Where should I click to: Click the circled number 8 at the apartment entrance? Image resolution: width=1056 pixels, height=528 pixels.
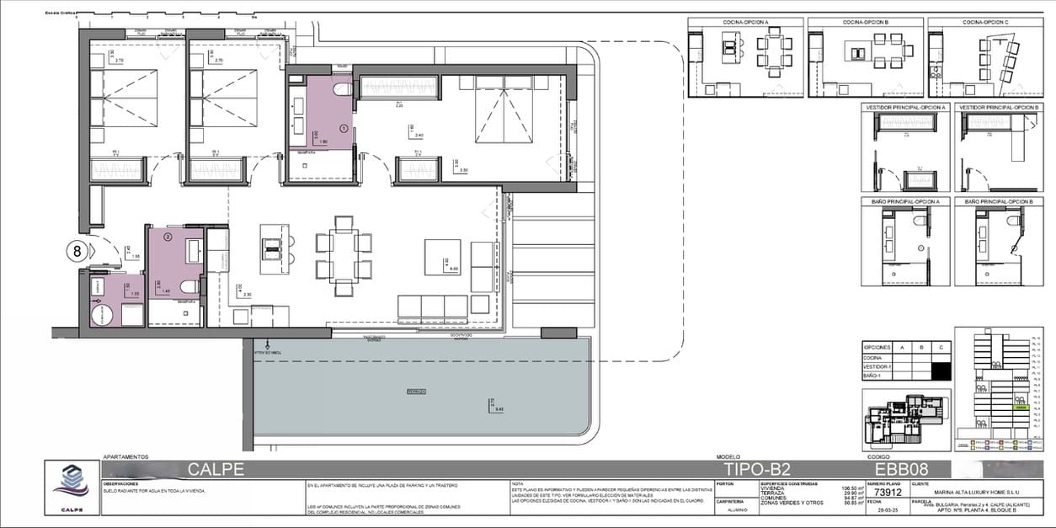[x=77, y=251]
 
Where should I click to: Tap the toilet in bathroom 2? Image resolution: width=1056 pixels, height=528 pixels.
[x=189, y=287]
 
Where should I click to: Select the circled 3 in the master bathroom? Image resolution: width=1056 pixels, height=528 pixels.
[x=343, y=129]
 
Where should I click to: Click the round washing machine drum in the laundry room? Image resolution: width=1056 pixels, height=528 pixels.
[x=103, y=315]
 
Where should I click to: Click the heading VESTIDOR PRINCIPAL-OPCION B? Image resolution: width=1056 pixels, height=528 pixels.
[x=1000, y=108]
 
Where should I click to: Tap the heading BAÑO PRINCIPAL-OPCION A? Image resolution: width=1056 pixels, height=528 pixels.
[x=905, y=201]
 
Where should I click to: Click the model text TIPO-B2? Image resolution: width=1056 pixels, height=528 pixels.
[x=757, y=469]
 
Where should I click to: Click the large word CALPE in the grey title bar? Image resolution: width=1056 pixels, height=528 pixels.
[x=216, y=469]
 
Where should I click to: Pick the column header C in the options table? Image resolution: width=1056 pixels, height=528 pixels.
[x=941, y=346]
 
